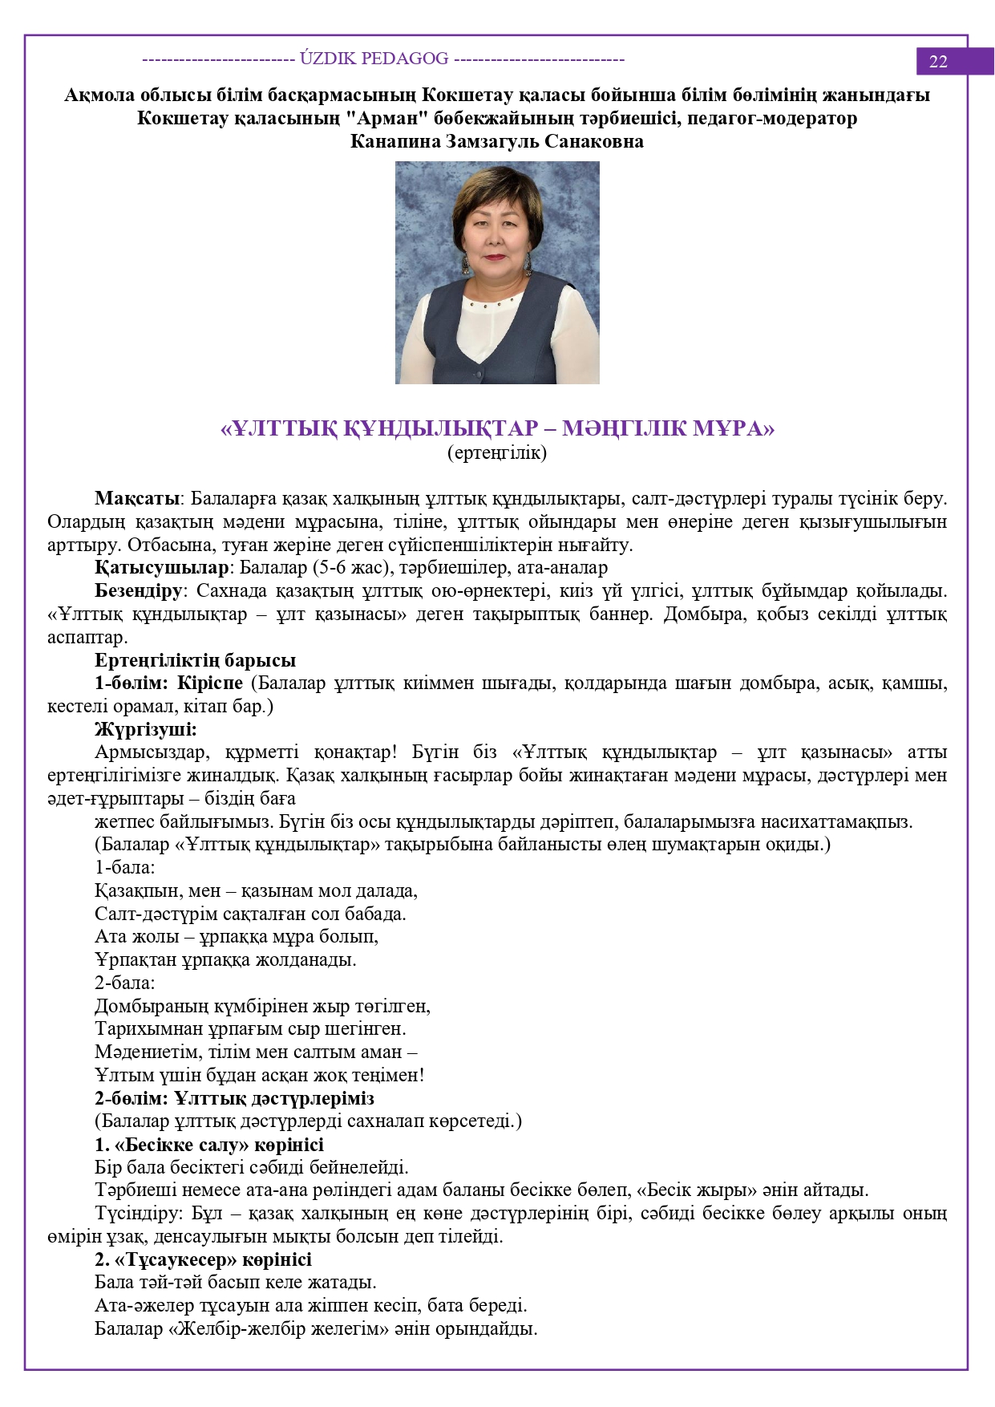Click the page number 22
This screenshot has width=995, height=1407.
click(x=938, y=62)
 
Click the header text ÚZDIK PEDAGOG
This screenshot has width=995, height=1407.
click(x=374, y=59)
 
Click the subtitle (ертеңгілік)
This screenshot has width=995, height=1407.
click(x=497, y=453)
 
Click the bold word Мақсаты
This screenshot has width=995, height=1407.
click(x=136, y=499)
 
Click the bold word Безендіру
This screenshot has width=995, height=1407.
click(x=139, y=591)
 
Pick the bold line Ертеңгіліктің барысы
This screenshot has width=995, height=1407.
click(x=195, y=660)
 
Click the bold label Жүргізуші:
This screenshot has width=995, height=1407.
click(x=146, y=729)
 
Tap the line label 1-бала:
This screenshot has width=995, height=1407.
click(x=125, y=867)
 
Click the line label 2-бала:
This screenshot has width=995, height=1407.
click(x=125, y=983)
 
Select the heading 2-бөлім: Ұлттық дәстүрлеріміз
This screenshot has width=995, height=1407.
click(x=234, y=1098)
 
